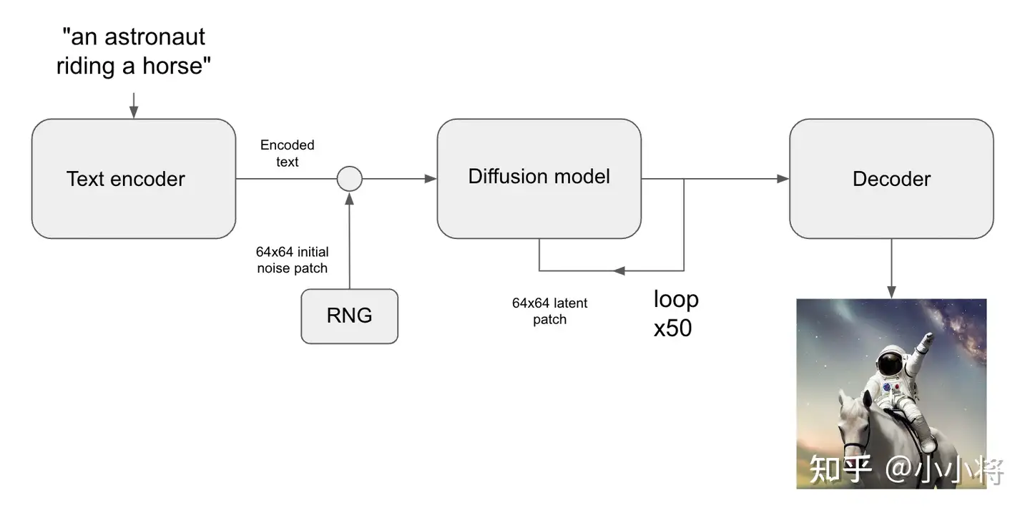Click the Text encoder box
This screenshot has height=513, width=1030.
pyautogui.click(x=133, y=179)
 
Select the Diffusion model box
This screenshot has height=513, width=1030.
pyautogui.click(x=539, y=179)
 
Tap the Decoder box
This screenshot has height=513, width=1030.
pyautogui.click(x=891, y=179)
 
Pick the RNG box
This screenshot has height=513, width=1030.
pyautogui.click(x=350, y=316)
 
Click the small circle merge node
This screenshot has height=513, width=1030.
pyautogui.click(x=350, y=179)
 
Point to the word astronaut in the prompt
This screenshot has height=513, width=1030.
pyautogui.click(x=154, y=36)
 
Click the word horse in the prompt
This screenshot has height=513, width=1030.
pyautogui.click(x=172, y=66)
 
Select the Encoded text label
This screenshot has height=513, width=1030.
pyautogui.click(x=288, y=153)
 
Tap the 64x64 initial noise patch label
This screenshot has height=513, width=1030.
pyautogui.click(x=293, y=260)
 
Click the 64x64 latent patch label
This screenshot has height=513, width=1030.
pyautogui.click(x=549, y=311)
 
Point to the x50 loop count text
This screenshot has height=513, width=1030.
pyautogui.click(x=672, y=328)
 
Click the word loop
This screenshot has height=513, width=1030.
pyautogui.click(x=676, y=300)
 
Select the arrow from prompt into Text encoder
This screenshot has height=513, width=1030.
pyautogui.click(x=134, y=106)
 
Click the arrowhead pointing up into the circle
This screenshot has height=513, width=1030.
pyautogui.click(x=350, y=199)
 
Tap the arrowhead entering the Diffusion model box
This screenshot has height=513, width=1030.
pyautogui.click(x=431, y=179)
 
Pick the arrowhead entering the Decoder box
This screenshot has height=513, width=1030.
pyautogui.click(x=783, y=179)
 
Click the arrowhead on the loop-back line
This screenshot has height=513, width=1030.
pyautogui.click(x=619, y=270)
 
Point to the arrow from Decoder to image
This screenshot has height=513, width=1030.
pyautogui.click(x=891, y=269)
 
